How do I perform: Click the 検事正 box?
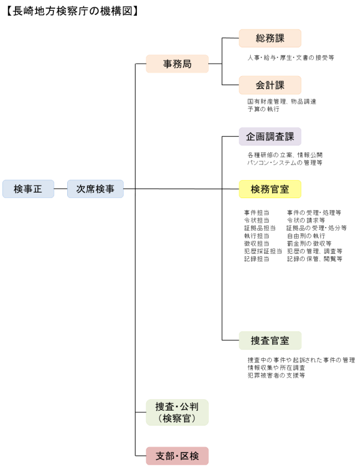(28, 188)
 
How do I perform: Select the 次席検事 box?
(95, 188)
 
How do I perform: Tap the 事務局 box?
(177, 64)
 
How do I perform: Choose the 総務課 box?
(270, 38)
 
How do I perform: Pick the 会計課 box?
(270, 85)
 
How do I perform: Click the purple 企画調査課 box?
(270, 136)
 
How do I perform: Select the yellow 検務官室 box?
(270, 189)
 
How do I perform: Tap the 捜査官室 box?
(270, 340)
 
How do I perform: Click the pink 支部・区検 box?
(177, 456)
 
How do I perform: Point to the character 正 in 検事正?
(37, 188)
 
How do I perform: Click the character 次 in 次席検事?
(81, 188)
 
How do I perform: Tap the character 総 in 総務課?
(260, 38)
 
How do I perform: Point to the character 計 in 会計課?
(270, 85)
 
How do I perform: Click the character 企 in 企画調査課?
(251, 136)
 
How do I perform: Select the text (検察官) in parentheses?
(177, 418)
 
